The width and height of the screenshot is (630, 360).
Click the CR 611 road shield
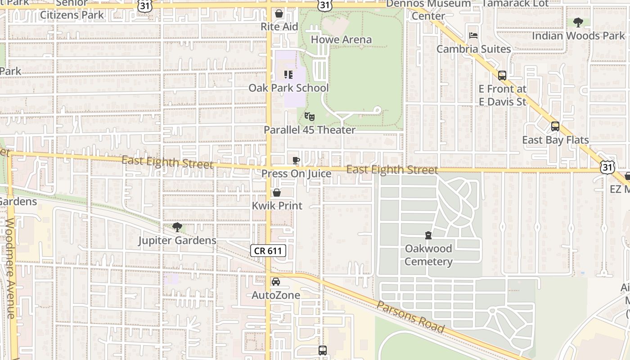click(268, 251)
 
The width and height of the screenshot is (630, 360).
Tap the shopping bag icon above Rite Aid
click(279, 13)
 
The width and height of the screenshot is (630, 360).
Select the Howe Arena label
click(342, 40)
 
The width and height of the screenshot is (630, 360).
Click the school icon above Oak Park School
click(288, 74)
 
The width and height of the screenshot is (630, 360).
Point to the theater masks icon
click(309, 117)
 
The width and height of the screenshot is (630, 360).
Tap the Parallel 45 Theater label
click(310, 130)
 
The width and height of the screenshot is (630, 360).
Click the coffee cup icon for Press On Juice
click(296, 160)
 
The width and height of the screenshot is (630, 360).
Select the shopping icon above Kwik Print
click(277, 193)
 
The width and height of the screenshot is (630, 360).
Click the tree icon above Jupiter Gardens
click(177, 227)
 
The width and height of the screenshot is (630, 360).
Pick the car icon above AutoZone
click(275, 282)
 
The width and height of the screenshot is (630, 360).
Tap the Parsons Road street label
click(410, 317)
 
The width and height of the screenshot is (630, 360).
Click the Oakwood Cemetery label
click(428, 255)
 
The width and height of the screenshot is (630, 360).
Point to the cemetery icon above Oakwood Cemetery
click(428, 235)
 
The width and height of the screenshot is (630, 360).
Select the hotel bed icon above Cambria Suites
click(473, 36)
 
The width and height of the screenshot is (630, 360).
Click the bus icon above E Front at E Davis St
click(502, 76)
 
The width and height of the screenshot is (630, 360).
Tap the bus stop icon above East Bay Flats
click(555, 126)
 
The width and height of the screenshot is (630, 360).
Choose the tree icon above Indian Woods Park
click(578, 22)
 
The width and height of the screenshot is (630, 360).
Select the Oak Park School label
click(289, 88)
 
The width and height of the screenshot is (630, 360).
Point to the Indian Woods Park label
click(578, 36)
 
